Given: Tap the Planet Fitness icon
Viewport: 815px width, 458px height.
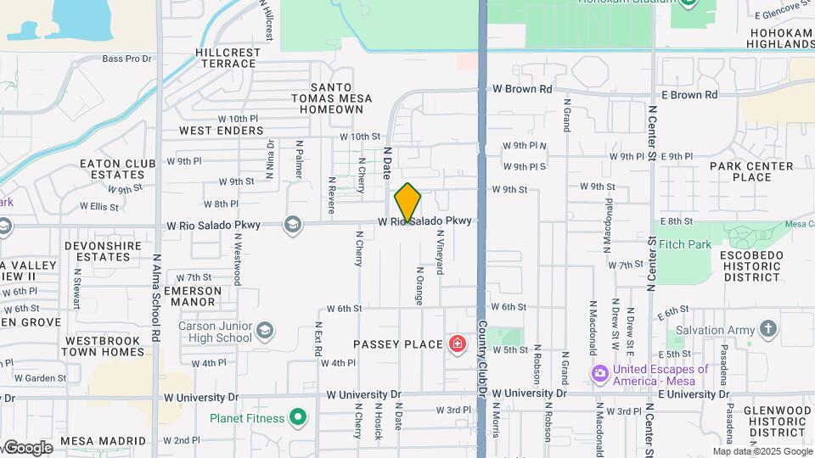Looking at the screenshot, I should click(297, 416).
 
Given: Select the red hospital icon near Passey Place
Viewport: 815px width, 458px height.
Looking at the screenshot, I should click(458, 343).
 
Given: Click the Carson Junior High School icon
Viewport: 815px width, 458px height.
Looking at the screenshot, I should click(266, 330).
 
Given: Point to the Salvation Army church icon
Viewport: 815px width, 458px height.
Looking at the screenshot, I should click(767, 329).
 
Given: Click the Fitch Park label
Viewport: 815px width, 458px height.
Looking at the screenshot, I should click(685, 244).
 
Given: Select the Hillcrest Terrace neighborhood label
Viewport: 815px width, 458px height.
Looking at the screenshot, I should click(228, 58).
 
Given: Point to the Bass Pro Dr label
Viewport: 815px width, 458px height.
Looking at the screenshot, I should click(126, 59).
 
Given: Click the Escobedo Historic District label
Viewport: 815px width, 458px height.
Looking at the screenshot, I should click(750, 265).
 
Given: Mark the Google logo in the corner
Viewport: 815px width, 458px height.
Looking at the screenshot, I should click(27, 448).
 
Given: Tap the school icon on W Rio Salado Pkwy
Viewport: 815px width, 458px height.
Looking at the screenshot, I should click(293, 224).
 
